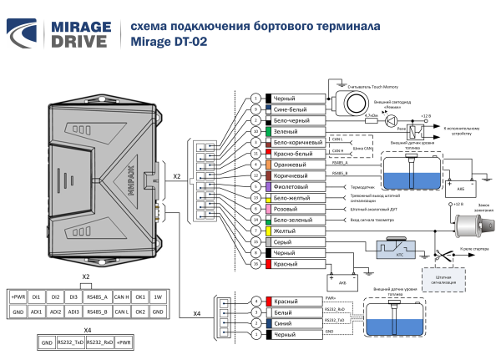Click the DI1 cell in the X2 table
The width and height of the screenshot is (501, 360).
(36, 296)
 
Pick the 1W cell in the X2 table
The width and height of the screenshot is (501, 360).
(158, 296)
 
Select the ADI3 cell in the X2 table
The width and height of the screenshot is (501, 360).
(74, 311)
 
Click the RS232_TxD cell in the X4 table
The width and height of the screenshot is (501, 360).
(69, 342)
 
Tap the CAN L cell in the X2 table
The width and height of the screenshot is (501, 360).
(121, 311)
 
